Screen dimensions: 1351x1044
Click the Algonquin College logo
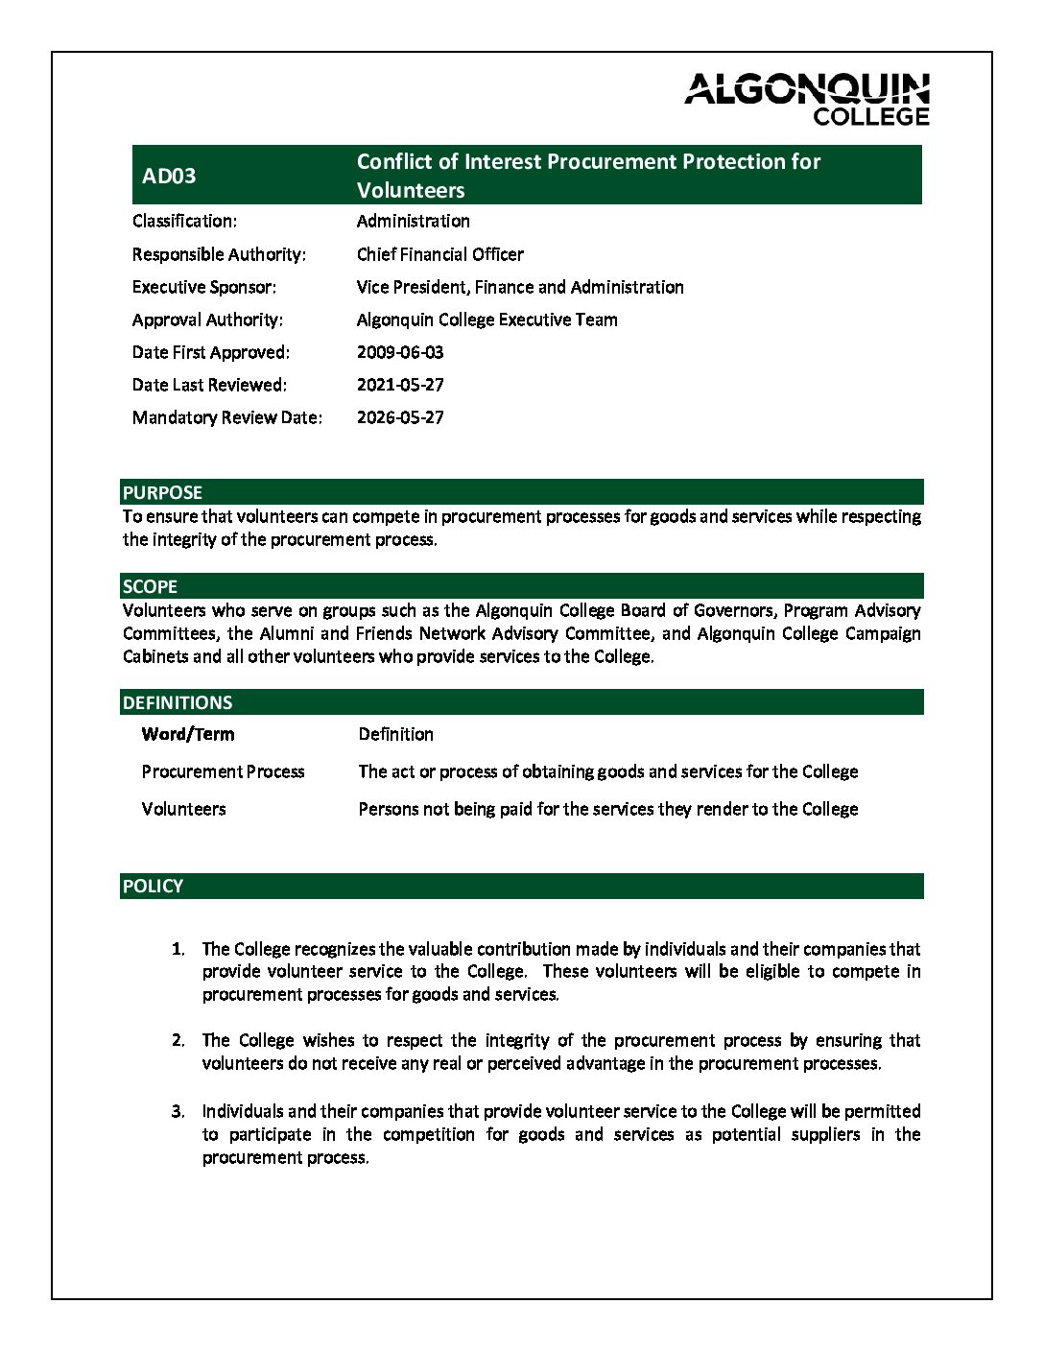[807, 99]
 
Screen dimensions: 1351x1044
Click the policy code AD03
[169, 176]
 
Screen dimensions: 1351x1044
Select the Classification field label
[184, 221]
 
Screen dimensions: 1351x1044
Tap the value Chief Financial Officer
[439, 254]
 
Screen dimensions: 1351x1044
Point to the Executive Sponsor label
[203, 287]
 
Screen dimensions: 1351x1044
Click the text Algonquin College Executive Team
[486, 320]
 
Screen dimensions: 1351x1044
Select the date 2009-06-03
[400, 352]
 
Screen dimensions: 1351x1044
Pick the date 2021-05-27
[400, 385]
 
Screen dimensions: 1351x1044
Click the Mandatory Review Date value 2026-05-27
[400, 417]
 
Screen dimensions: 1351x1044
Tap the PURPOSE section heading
[162, 492]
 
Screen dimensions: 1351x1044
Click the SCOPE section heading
[150, 586]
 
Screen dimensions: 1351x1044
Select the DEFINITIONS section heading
[178, 702]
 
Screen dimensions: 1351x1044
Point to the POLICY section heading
[153, 886]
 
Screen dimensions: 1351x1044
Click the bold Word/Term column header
[188, 734]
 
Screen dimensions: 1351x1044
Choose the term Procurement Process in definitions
[223, 771]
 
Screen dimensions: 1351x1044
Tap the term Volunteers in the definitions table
[183, 809]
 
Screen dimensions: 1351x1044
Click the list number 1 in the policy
[178, 949]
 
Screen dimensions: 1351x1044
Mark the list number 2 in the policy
[178, 1040]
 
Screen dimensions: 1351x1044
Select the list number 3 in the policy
[178, 1111]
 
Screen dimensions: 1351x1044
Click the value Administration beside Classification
[413, 221]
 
